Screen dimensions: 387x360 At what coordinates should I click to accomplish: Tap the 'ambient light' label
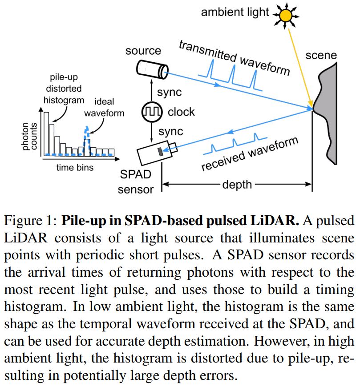pyautogui.click(x=235, y=12)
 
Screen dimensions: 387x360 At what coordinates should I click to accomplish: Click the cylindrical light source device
pyautogui.click(x=151, y=69)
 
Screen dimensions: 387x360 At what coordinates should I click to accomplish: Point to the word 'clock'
pyautogui.click(x=181, y=112)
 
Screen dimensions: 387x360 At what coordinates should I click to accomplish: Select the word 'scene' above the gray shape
pyautogui.click(x=321, y=56)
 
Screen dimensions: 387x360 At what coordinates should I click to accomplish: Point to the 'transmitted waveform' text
pyautogui.click(x=234, y=57)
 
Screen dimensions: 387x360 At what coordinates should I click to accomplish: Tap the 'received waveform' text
pyautogui.click(x=249, y=154)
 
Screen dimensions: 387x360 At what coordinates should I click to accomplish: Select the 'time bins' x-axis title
pyautogui.click(x=75, y=168)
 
